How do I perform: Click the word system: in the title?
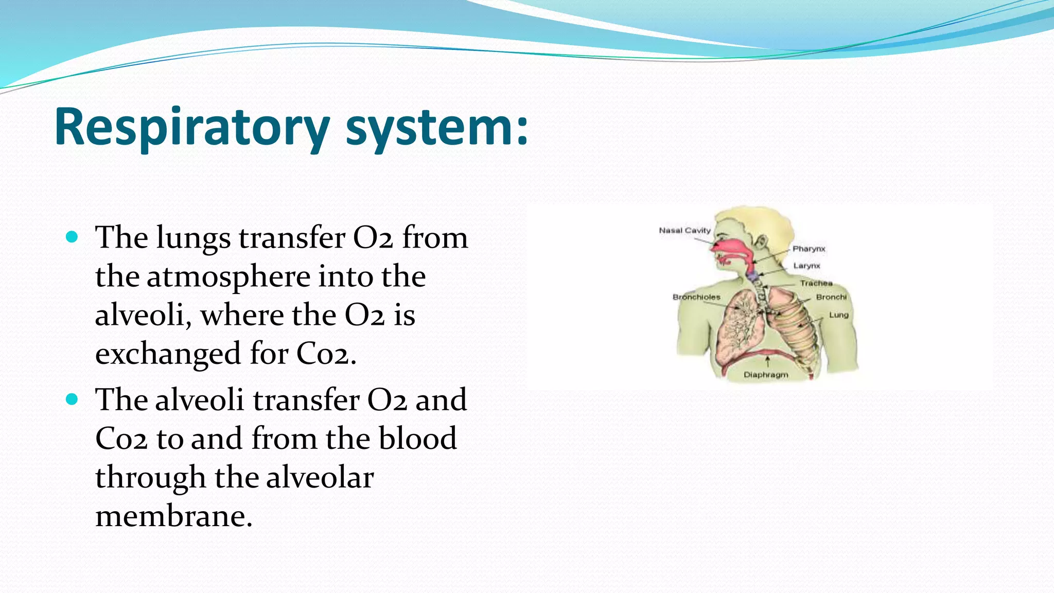[436, 127]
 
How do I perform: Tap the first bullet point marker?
[72, 237]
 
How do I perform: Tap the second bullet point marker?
[72, 399]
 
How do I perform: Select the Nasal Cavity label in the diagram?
[684, 231]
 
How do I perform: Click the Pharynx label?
[809, 249]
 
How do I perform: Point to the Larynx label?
[806, 266]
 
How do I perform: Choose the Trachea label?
[816, 284]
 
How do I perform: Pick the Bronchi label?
[831, 298]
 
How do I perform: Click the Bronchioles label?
[696, 298]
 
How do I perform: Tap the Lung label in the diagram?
[838, 315]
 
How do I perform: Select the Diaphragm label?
[766, 375]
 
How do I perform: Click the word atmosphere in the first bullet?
[228, 277]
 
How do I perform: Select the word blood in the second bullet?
[417, 439]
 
